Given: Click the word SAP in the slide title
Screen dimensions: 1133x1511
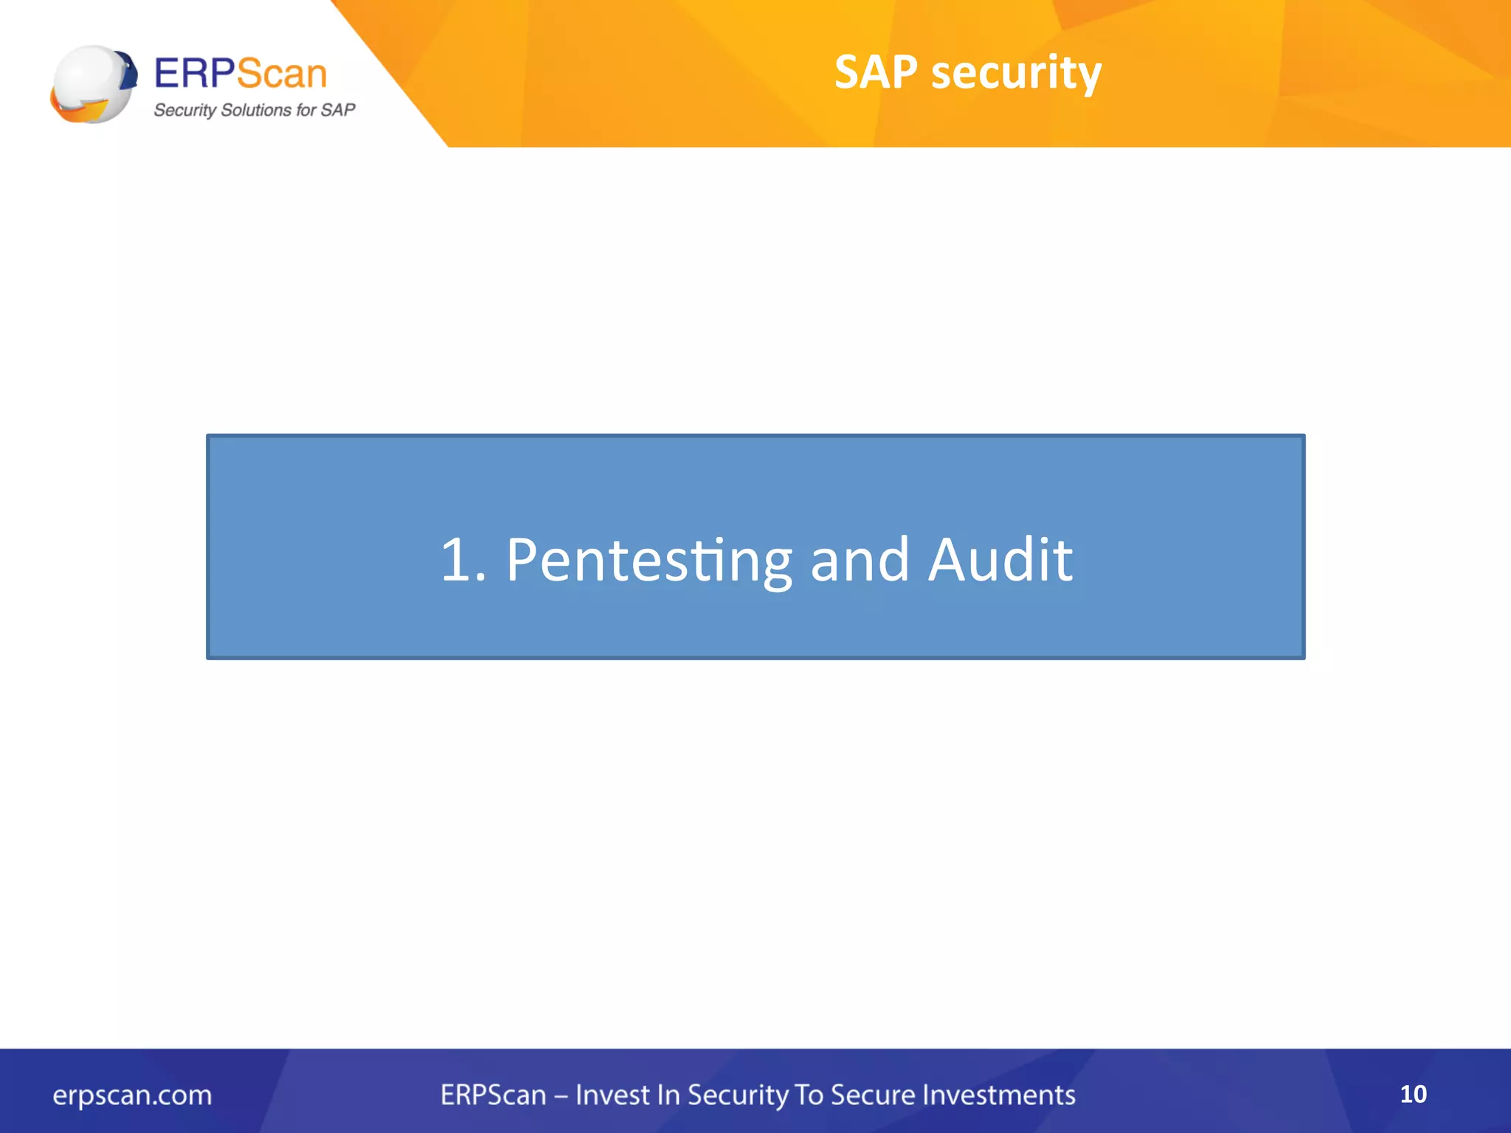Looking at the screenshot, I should coord(876,72).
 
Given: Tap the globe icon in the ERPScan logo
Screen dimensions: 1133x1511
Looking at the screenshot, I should coord(94,84).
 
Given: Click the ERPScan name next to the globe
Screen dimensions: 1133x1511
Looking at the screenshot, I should coord(241,73).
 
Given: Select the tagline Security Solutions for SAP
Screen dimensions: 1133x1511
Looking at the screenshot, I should coord(254,110).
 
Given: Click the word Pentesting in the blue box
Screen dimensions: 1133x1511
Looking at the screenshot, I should coord(648,561).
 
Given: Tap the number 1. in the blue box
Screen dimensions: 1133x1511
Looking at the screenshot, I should coord(463,561).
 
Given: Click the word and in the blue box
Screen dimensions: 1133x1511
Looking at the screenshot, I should coord(860,561).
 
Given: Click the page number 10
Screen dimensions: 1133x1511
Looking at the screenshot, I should coord(1413,1094).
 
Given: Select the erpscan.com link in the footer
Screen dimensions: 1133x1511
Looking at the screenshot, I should coord(132,1095).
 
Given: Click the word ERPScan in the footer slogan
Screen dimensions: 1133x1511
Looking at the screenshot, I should coord(493,1095).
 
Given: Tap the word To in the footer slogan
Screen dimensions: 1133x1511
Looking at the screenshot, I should coord(809,1095).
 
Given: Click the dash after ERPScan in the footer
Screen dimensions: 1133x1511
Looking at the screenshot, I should coord(561,1096).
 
